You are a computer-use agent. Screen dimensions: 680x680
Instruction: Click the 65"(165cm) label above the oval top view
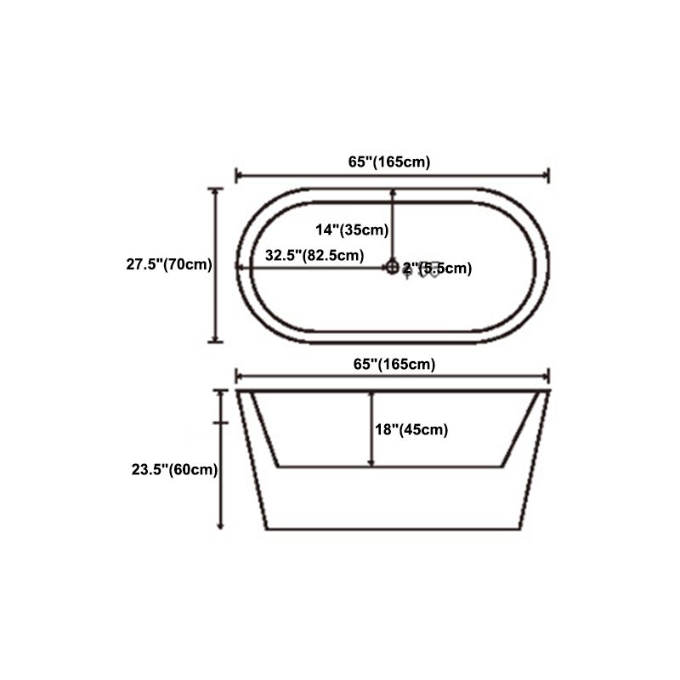[393, 161]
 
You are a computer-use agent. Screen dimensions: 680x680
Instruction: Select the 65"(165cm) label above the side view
[393, 364]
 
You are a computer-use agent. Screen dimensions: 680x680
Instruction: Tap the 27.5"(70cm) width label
[169, 264]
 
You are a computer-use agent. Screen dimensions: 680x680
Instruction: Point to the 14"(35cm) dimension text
[352, 229]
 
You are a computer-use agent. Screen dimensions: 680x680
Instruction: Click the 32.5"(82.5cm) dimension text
[314, 255]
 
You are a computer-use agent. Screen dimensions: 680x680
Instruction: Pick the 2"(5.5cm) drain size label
[437, 269]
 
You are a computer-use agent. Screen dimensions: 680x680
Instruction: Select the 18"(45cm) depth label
[411, 430]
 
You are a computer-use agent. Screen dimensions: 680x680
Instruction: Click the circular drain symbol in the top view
[392, 268]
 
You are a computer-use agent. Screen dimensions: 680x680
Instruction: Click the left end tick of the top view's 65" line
[235, 175]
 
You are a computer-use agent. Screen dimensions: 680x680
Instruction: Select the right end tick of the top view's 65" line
[549, 175]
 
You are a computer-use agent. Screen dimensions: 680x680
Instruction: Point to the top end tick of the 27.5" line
[216, 189]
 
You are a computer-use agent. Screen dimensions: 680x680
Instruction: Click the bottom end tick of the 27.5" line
[216, 342]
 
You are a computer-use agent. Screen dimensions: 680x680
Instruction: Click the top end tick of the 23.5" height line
[221, 391]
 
